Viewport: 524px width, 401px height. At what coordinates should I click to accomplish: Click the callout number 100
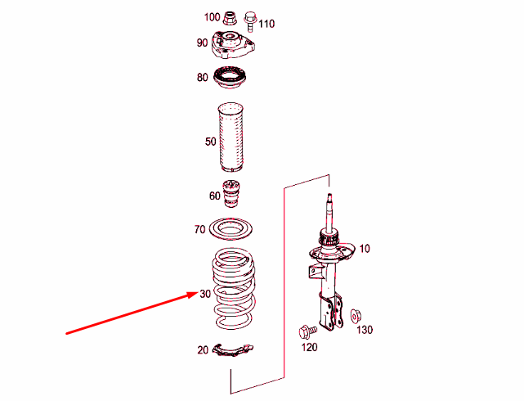pos(212,17)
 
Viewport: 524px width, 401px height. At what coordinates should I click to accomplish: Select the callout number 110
pos(266,24)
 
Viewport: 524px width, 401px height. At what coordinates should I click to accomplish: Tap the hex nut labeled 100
pos(230,18)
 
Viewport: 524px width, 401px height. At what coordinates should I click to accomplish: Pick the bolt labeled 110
pos(249,21)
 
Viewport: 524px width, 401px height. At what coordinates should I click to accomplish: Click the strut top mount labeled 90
pos(232,46)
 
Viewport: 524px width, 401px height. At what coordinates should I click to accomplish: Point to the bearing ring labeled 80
pos(230,78)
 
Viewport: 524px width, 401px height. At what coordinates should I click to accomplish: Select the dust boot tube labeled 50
pos(231,137)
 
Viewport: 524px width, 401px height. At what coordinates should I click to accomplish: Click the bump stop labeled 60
pos(231,194)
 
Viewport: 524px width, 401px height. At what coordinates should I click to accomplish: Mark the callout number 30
pos(205,294)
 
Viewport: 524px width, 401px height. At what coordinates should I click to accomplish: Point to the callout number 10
pos(365,249)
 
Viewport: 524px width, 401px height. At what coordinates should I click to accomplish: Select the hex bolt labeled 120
pos(307,331)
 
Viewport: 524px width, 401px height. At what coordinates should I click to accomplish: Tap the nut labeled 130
pos(356,316)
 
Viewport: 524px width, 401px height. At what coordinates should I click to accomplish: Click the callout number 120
pos(309,347)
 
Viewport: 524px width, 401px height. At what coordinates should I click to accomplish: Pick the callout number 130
pos(365,330)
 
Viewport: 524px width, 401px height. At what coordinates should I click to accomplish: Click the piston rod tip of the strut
pos(329,195)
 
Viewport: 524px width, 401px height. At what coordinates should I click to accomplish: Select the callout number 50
pos(211,142)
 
